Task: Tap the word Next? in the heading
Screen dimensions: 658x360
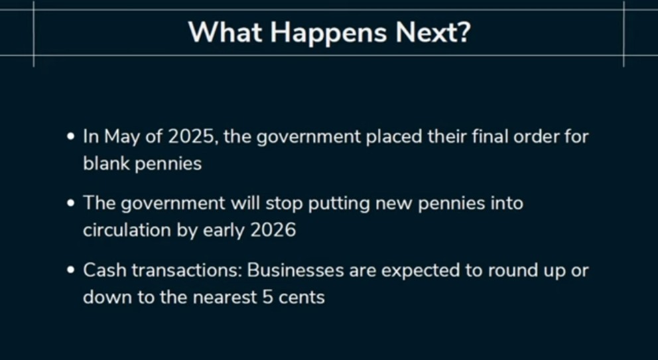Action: point(433,32)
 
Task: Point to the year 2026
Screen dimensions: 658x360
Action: point(273,230)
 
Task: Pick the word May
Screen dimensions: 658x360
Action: point(122,138)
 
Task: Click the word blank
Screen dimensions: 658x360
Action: point(107,163)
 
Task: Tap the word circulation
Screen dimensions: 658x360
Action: point(127,230)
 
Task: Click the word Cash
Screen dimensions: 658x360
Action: point(105,270)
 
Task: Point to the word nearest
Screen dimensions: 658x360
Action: point(224,298)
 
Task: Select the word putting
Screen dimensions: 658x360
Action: point(339,205)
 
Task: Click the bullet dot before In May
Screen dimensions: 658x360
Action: point(71,137)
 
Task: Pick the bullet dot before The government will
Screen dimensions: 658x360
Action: point(71,204)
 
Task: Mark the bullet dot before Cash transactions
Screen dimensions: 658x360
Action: point(71,270)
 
